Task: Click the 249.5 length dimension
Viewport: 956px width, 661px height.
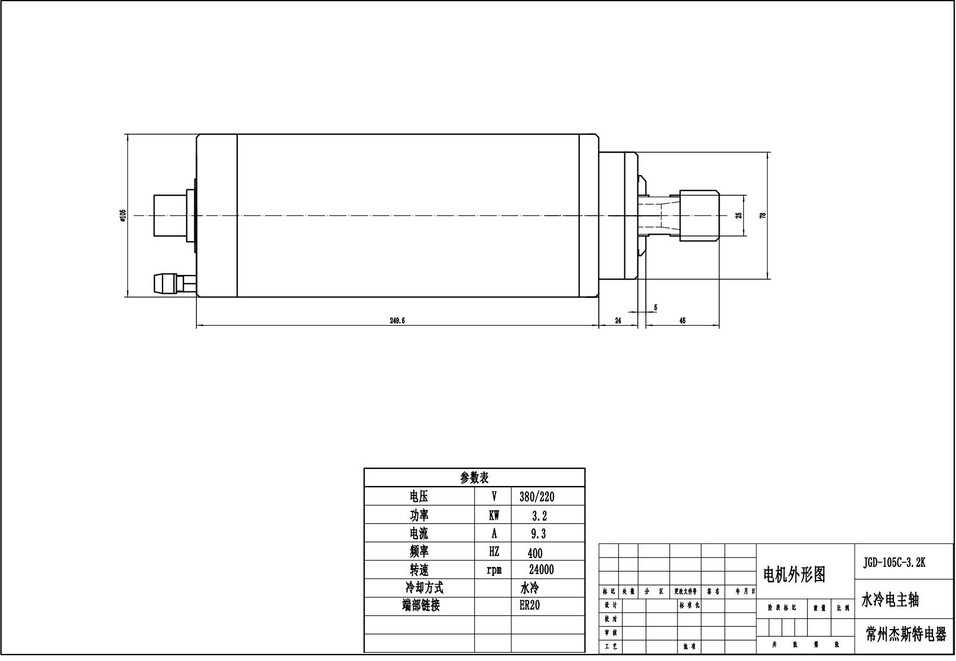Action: [397, 321]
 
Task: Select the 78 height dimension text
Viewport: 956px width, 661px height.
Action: [763, 216]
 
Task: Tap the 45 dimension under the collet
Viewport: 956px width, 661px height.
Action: [682, 321]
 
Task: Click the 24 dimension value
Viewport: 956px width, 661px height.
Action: [618, 321]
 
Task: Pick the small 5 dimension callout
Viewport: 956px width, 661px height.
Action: [656, 307]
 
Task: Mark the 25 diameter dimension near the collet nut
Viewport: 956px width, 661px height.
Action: [738, 216]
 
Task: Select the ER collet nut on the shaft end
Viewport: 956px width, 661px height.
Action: [699, 216]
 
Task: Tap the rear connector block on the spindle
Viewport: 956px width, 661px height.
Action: [170, 216]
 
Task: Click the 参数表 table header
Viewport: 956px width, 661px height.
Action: [474, 478]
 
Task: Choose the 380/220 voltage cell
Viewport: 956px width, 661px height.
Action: [537, 497]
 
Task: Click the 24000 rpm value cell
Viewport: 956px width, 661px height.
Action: [542, 570]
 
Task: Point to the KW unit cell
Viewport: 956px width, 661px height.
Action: [494, 516]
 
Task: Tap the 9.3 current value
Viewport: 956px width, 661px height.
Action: [539, 534]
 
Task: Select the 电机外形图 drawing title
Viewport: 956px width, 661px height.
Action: [794, 575]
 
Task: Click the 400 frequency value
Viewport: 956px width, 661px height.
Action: [534, 553]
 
